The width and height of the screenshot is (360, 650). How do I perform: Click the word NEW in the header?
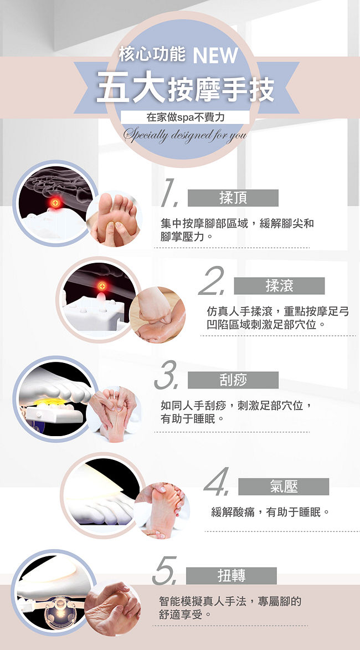point(215,55)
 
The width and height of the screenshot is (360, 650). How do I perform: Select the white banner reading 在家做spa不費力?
point(185,117)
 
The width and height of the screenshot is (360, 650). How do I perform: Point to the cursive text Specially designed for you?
point(185,135)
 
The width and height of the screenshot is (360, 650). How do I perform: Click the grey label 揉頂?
point(233,198)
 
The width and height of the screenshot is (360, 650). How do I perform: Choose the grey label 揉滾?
point(279,285)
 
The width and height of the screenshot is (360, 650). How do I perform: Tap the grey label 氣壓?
point(284,487)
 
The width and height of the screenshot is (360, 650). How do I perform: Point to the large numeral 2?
point(212,280)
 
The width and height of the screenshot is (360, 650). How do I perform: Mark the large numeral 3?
point(166,375)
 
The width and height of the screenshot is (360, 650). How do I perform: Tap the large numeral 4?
point(217,482)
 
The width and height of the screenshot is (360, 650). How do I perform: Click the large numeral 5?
point(164,571)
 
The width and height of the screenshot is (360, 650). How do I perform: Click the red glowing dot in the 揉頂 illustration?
point(55,203)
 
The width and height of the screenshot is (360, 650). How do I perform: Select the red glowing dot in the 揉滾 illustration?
point(102,286)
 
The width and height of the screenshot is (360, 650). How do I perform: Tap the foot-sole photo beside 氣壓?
point(162,510)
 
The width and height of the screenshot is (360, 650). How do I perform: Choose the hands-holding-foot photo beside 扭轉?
point(112,608)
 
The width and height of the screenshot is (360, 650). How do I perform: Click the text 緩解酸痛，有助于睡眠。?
point(271,513)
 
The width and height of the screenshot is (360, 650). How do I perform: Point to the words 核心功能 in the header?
point(152,54)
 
